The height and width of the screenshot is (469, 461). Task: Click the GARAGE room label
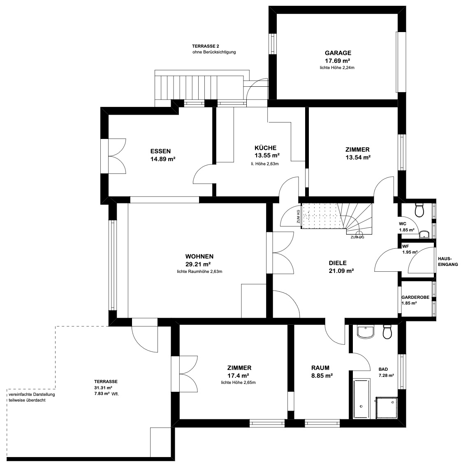(x=338, y=53)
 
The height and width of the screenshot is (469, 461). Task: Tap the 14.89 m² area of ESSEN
(x=163, y=159)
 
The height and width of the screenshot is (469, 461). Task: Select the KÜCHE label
(x=265, y=148)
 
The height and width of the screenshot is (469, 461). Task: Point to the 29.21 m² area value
(x=198, y=264)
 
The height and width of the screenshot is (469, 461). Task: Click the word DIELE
(x=338, y=263)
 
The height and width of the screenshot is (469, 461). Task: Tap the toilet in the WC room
(x=419, y=210)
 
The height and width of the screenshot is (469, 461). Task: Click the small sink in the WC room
(x=424, y=234)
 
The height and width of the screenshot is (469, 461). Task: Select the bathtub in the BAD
(x=361, y=398)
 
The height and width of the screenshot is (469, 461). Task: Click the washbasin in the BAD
(x=366, y=332)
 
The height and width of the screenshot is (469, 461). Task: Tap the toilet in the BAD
(x=387, y=332)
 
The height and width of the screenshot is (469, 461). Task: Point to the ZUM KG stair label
(x=298, y=217)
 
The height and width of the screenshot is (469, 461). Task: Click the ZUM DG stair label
(x=357, y=237)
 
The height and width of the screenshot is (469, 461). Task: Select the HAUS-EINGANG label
(x=448, y=261)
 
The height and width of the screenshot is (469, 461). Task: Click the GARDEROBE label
(x=415, y=297)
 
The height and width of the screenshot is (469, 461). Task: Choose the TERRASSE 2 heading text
(x=206, y=46)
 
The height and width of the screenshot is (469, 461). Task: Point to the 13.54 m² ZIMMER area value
(x=358, y=157)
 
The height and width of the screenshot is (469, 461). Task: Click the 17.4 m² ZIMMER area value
(x=239, y=376)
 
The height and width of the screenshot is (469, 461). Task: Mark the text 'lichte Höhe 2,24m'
(x=337, y=67)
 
